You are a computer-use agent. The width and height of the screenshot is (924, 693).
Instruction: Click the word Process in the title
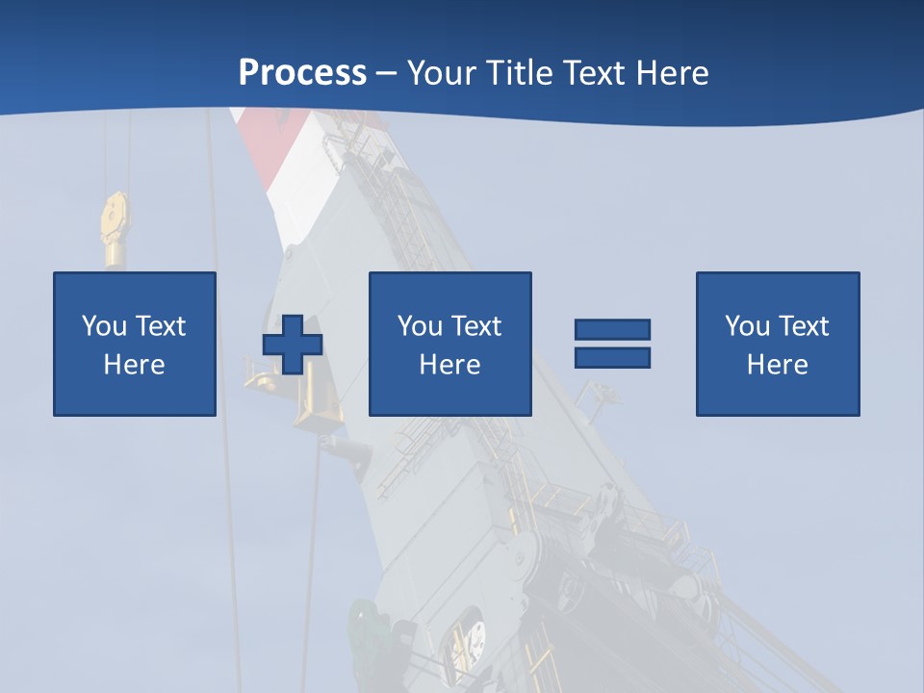302,73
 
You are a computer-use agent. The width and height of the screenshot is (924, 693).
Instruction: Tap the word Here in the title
671,73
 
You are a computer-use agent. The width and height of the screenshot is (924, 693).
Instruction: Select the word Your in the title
442,73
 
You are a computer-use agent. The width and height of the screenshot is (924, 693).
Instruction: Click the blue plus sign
293,345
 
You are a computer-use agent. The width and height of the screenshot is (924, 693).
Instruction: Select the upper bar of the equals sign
612,330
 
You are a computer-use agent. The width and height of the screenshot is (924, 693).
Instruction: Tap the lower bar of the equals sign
612,357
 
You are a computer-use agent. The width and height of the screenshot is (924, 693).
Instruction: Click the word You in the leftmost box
104,326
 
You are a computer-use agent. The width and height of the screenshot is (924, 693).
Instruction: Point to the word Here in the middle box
449,365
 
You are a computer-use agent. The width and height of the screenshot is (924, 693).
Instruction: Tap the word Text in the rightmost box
803,326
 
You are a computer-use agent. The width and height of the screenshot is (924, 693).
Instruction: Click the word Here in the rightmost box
777,365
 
